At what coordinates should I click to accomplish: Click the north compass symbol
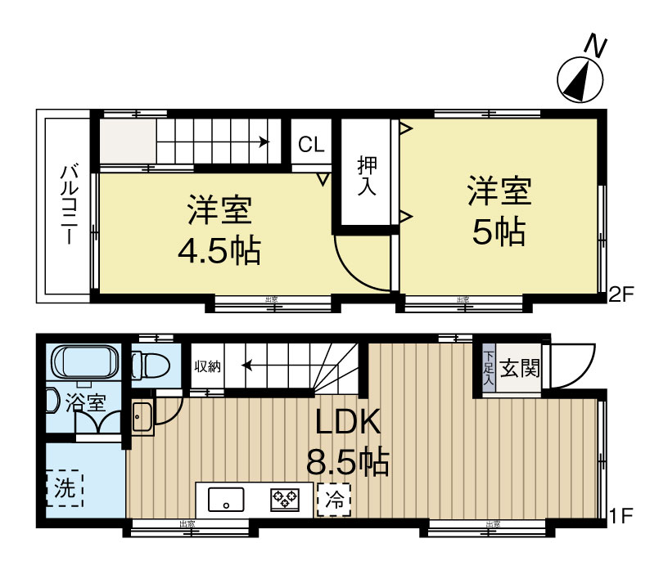pos(580,79)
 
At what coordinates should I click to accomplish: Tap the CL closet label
pos(311,146)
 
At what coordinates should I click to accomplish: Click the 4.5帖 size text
pos(219,250)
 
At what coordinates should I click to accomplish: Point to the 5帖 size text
pos(499,233)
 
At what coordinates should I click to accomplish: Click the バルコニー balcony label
pos(70,204)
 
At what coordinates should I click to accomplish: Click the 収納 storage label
pos(206,366)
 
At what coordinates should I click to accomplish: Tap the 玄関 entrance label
pos(520,369)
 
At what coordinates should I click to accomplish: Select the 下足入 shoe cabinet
pos(488,369)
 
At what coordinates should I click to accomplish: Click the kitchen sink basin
pos(227,498)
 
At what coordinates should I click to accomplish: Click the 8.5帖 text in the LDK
pos(347,464)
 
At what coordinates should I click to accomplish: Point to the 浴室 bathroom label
pos(86,403)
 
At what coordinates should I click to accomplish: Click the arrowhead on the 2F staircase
pos(264,141)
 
